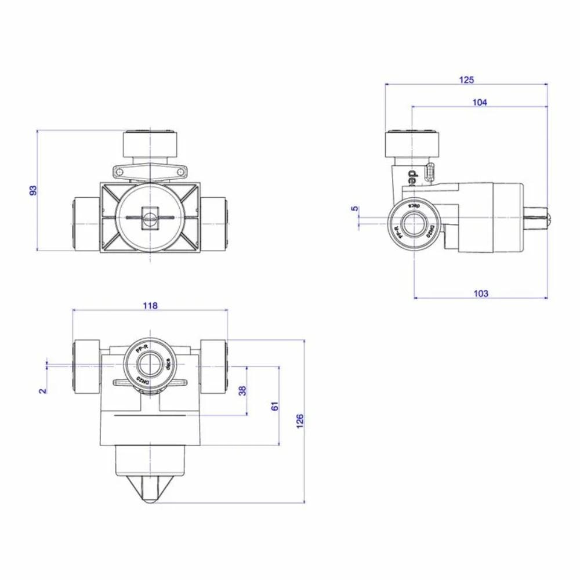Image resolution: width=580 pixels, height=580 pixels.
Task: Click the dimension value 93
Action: pyautogui.click(x=33, y=190)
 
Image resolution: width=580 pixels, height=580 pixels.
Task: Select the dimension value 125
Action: pyautogui.click(x=467, y=79)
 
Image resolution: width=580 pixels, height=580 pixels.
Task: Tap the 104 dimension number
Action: pyautogui.click(x=480, y=102)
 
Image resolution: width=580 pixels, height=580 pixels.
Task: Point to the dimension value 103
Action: pyautogui.click(x=481, y=293)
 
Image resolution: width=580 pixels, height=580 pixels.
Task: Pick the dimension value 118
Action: pyautogui.click(x=150, y=306)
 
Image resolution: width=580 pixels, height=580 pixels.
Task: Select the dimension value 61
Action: pyautogui.click(x=275, y=405)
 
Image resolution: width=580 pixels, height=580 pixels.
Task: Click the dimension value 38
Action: pyautogui.click(x=242, y=390)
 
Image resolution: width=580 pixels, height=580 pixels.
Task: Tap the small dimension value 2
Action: pyautogui.click(x=42, y=390)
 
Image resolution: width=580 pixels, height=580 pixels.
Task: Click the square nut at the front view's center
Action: pyautogui.click(x=150, y=215)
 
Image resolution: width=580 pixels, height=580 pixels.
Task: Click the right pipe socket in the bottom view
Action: pyautogui.click(x=214, y=366)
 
